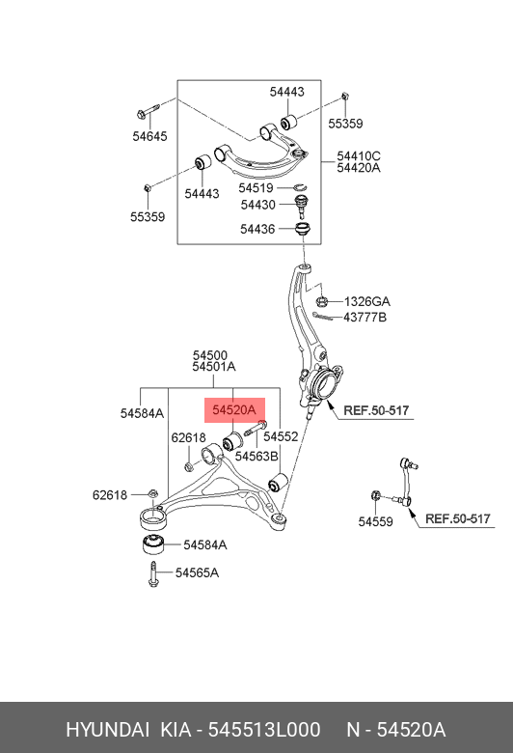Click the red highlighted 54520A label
tap(234, 410)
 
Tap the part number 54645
tap(149, 136)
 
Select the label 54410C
tap(359, 156)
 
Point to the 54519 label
tap(256, 188)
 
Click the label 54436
tap(257, 229)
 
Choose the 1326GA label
tap(367, 301)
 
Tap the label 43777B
tap(364, 318)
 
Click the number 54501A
tap(213, 367)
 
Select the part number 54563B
tap(256, 457)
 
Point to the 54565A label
tap(197, 572)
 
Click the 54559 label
tap(375, 521)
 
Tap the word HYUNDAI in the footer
tap(107, 730)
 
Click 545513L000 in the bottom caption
tap(264, 730)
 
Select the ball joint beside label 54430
tap(302, 205)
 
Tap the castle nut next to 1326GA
tap(322, 301)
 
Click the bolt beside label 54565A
tap(153, 573)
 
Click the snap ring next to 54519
tap(300, 187)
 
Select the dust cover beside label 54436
tap(303, 229)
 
